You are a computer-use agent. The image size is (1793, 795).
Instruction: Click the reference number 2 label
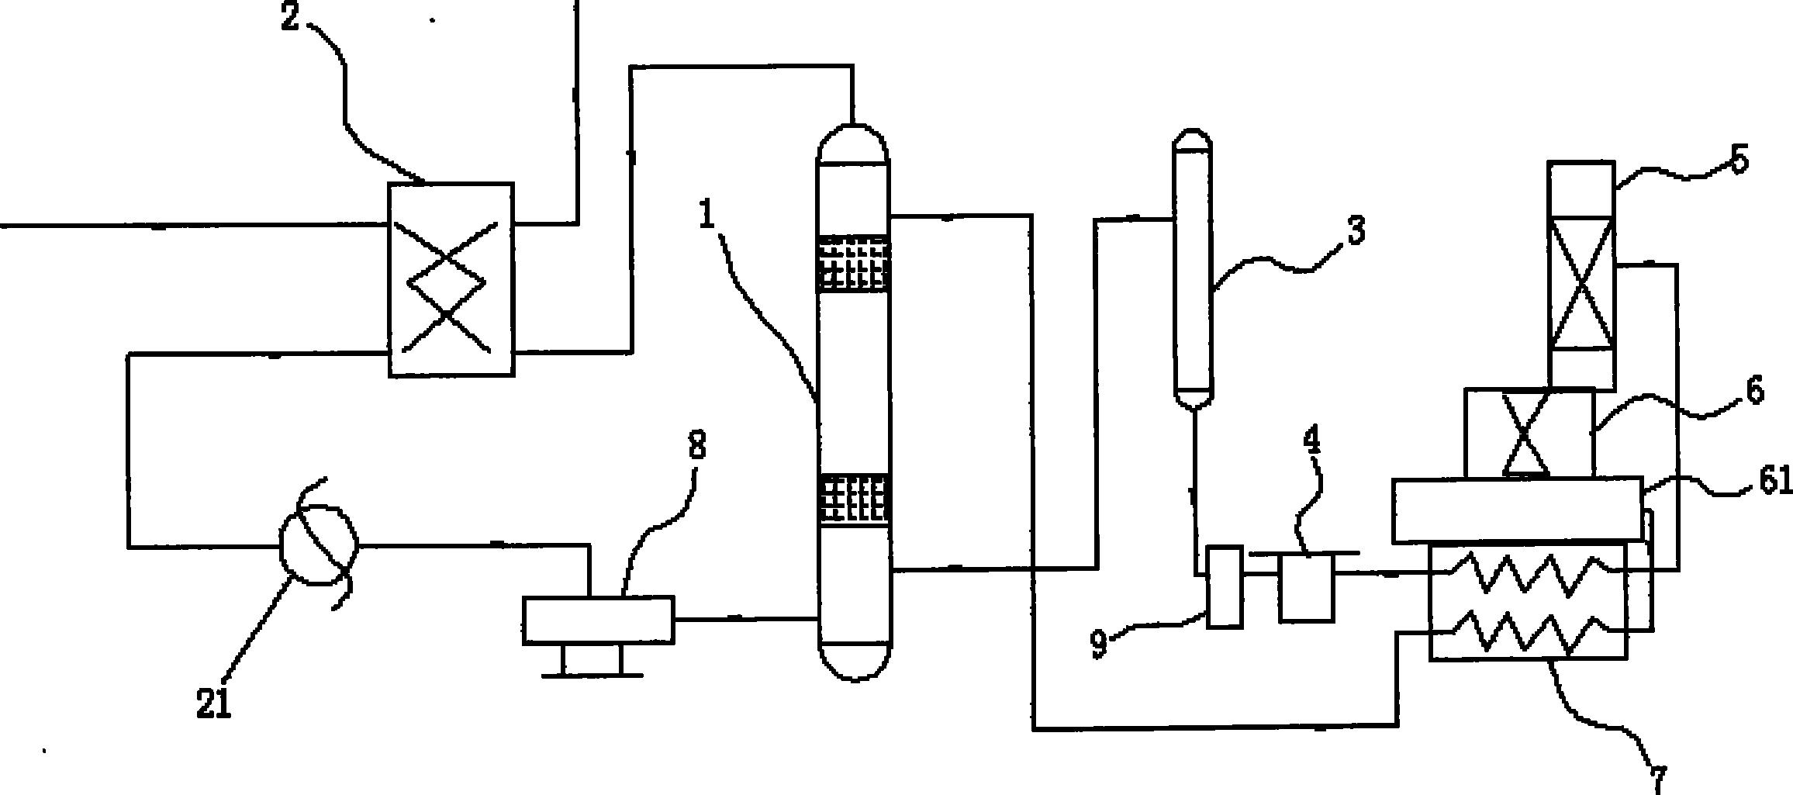[289, 17]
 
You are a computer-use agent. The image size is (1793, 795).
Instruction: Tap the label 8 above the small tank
[697, 447]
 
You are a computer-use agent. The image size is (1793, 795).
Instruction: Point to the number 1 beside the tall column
[706, 215]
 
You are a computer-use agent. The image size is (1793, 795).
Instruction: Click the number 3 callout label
[1355, 231]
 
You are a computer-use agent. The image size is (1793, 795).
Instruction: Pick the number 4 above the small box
[1311, 441]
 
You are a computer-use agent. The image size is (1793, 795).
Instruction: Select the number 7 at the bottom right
[1657, 778]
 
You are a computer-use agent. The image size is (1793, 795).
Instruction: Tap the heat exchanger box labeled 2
[451, 280]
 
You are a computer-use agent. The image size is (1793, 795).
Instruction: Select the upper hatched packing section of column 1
[853, 264]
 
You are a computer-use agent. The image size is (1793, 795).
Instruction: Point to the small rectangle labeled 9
[1225, 586]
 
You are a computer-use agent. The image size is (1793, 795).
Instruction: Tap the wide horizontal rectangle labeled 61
[1518, 510]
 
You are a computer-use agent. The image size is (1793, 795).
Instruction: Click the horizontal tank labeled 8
[599, 620]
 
